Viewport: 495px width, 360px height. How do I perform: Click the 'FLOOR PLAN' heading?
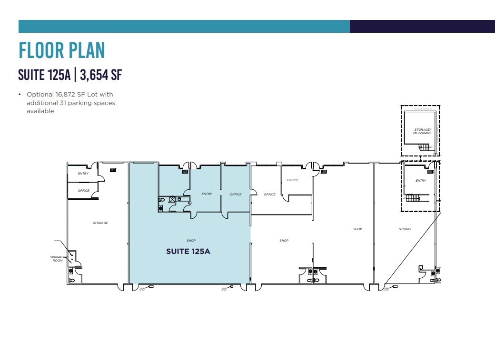(61, 50)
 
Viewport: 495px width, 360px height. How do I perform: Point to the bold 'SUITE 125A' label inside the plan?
(188, 252)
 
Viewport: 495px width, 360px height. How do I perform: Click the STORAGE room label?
(100, 223)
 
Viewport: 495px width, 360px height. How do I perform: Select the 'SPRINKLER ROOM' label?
(57, 259)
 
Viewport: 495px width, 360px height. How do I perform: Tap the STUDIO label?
(405, 229)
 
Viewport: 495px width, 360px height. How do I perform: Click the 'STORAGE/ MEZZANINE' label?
(423, 131)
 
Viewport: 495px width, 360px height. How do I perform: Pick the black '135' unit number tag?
(113, 170)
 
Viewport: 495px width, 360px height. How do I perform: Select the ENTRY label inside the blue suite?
(207, 194)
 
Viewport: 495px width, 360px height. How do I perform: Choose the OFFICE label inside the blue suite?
(236, 194)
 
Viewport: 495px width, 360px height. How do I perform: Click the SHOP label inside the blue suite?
(191, 241)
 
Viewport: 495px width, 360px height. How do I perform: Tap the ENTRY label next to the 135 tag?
(83, 174)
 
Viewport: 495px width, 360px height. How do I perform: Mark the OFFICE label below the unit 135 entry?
(83, 191)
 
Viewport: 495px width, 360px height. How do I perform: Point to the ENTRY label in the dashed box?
(421, 181)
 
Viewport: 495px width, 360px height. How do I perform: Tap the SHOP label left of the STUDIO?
(357, 229)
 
